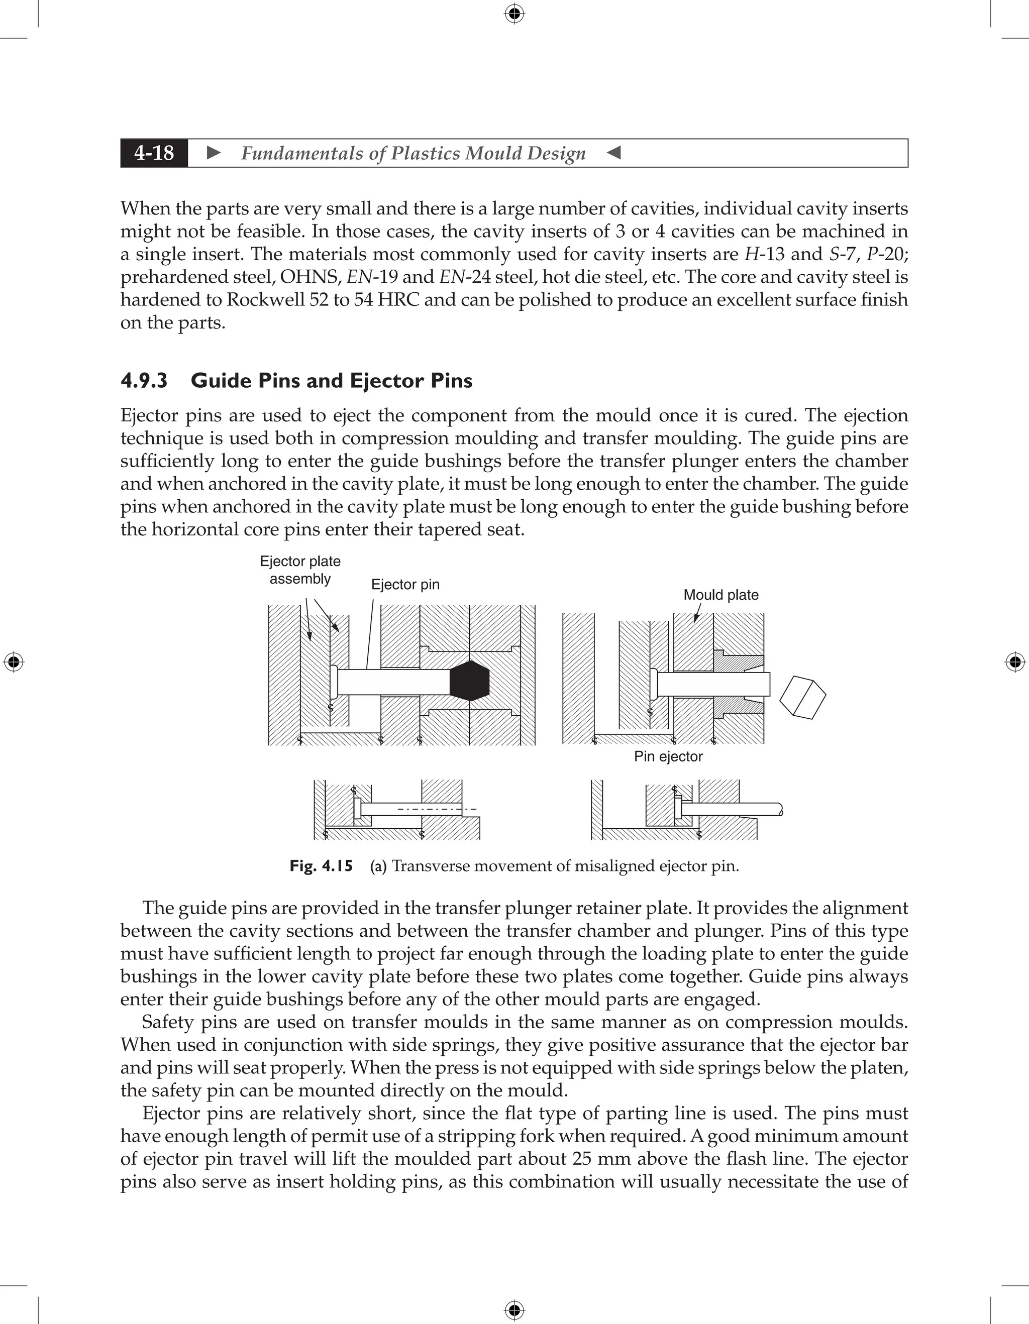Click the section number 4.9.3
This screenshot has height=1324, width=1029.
click(144, 381)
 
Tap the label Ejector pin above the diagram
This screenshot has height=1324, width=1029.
click(405, 585)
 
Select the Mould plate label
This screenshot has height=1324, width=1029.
click(721, 595)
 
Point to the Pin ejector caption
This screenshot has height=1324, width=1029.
click(668, 756)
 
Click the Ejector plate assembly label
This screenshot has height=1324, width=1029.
click(300, 570)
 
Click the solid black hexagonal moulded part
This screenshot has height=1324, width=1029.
click(470, 680)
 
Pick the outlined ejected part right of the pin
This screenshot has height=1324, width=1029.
click(802, 697)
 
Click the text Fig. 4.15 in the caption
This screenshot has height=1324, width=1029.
click(321, 866)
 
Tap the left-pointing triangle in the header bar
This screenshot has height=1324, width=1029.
click(613, 153)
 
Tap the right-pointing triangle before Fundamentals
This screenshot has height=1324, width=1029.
click(214, 153)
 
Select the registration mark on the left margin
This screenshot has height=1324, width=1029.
click(14, 662)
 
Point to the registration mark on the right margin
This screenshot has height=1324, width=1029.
click(1015, 662)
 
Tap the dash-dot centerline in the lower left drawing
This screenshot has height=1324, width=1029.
click(437, 809)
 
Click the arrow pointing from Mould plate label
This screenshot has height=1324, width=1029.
click(697, 613)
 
